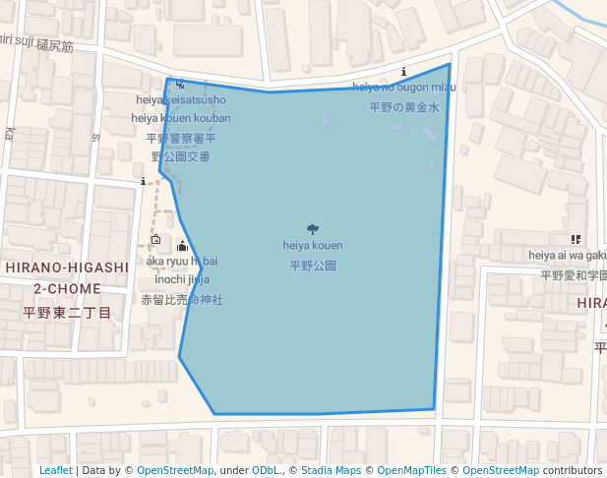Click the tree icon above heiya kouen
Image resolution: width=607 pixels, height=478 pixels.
click(x=313, y=229)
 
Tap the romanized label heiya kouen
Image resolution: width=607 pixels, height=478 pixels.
click(x=313, y=245)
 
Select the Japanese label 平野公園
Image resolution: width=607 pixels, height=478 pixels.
click(x=313, y=266)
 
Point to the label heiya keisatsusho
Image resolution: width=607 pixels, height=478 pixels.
click(x=181, y=100)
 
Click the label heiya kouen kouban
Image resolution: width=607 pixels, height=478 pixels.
click(x=181, y=119)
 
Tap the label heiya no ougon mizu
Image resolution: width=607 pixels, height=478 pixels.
click(x=404, y=88)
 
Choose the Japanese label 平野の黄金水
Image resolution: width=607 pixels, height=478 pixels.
click(x=404, y=107)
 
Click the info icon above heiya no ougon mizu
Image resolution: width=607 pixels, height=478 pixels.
click(x=404, y=72)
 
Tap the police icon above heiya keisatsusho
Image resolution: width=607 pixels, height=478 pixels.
click(x=179, y=85)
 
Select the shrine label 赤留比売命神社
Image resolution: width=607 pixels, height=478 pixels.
click(x=182, y=299)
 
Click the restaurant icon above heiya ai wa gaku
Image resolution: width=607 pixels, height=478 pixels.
click(x=575, y=239)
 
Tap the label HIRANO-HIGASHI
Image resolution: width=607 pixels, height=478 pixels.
click(x=67, y=268)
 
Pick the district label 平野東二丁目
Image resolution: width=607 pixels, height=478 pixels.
click(x=67, y=312)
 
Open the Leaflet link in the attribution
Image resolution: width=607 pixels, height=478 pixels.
click(x=55, y=470)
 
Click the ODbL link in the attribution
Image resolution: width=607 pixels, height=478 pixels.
click(x=265, y=470)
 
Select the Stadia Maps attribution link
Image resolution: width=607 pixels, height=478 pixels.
click(x=331, y=470)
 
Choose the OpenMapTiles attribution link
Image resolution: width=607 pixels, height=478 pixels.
click(x=410, y=470)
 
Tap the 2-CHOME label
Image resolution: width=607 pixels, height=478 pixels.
click(x=67, y=289)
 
